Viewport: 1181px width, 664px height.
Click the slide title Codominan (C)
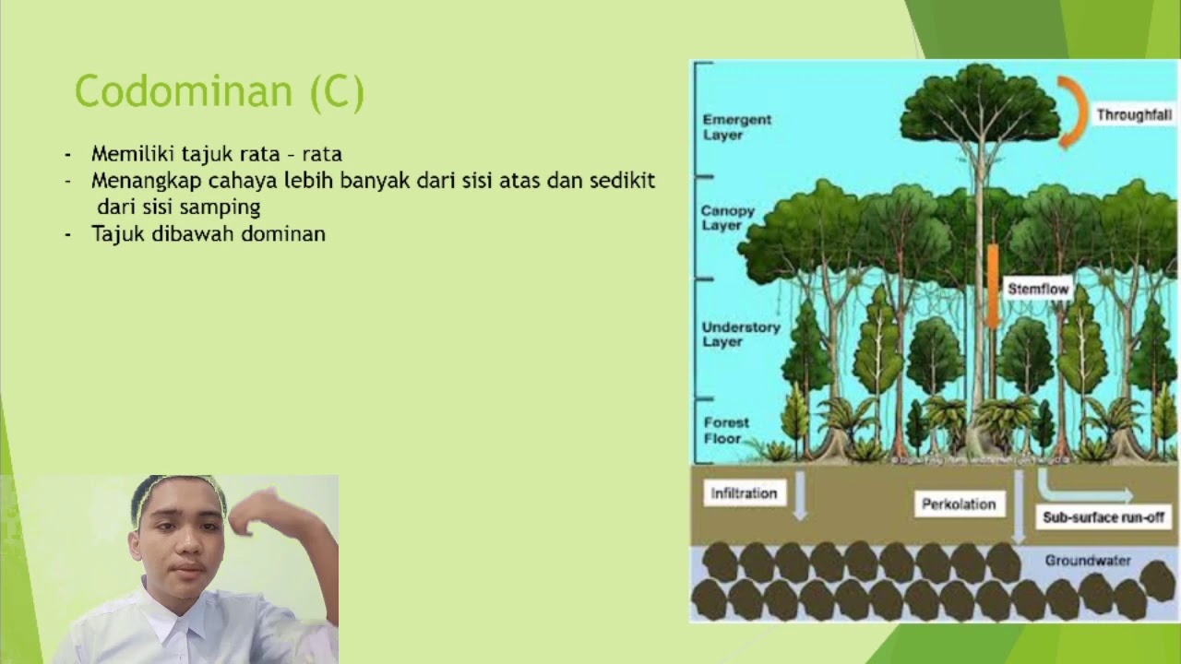tap(220, 92)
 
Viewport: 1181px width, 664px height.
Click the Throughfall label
tap(1134, 115)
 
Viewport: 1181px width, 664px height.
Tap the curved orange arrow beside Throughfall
tap(1073, 112)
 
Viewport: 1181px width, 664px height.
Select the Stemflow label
tap(1038, 289)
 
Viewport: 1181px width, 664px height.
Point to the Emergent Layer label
tap(736, 127)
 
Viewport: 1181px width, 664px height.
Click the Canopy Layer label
tap(727, 218)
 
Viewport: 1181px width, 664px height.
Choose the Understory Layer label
tap(740, 334)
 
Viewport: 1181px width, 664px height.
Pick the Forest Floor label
tap(726, 430)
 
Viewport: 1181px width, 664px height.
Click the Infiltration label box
tap(744, 493)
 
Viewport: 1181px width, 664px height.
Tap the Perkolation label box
tap(959, 504)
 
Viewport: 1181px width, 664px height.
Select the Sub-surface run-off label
tap(1103, 517)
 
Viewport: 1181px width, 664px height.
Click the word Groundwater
tap(1088, 561)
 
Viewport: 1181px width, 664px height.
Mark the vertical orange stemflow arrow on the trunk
tap(993, 286)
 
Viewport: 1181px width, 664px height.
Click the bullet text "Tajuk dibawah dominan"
tap(208, 234)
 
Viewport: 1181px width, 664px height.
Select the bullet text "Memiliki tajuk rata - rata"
tap(216, 154)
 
